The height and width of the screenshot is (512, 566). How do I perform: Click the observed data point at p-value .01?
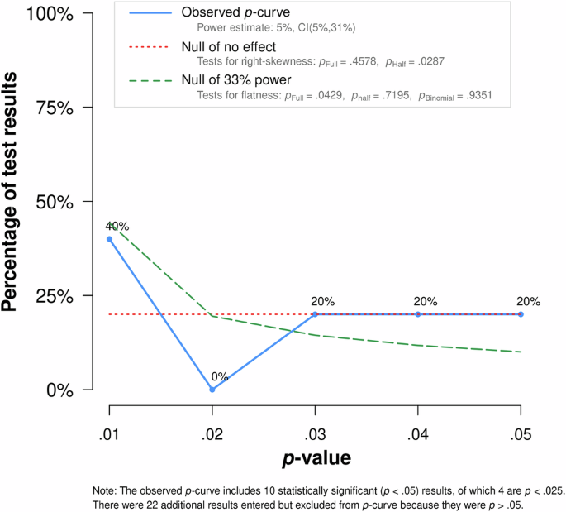[x=109, y=239]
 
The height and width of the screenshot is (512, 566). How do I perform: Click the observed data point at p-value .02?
[x=212, y=389]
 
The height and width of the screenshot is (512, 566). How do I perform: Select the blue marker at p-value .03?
[x=315, y=314]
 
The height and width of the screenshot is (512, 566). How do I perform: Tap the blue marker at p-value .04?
[x=418, y=314]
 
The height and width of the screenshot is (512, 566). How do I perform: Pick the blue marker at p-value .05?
[x=521, y=314]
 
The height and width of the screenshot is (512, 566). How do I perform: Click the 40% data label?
[x=117, y=226]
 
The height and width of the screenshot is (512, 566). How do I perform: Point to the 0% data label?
[x=218, y=376]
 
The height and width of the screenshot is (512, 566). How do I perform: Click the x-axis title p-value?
[x=316, y=457]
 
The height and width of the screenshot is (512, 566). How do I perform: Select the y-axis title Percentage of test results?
[x=13, y=203]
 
